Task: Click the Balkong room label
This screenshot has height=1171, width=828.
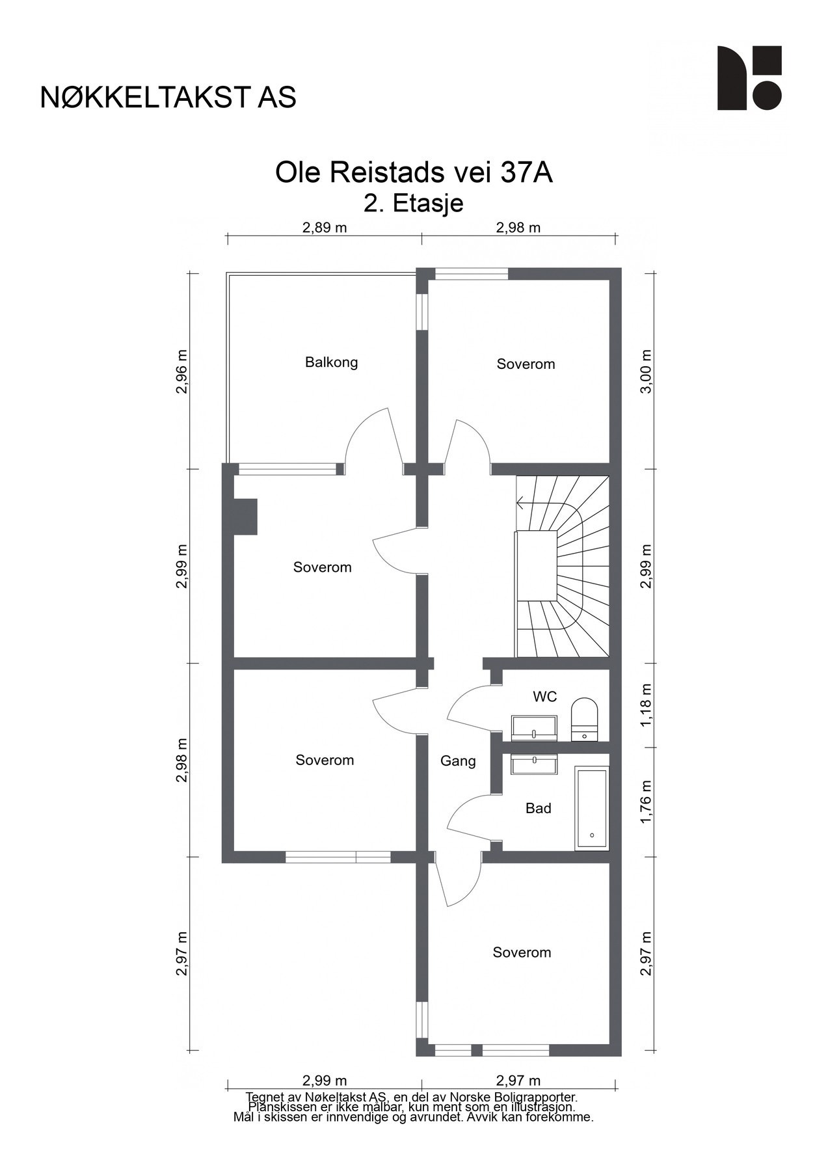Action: point(331,362)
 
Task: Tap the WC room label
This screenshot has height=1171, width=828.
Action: point(544,697)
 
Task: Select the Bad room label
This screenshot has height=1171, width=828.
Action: point(538,808)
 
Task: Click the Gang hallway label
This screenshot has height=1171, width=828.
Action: point(458,760)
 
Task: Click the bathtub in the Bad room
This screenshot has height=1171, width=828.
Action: point(591,808)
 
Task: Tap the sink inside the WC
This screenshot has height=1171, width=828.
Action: point(533,727)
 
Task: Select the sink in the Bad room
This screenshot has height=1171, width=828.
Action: point(534,764)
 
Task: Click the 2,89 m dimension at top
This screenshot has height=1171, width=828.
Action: point(324,228)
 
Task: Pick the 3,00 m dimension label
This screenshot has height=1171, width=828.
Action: point(645,371)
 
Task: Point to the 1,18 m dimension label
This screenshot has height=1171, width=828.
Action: point(645,706)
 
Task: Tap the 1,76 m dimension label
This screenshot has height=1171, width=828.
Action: point(645,801)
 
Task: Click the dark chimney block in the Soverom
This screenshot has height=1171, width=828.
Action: point(245,517)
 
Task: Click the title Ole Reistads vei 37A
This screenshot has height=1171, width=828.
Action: point(414,173)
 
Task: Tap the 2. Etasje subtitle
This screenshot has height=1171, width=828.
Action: point(414,204)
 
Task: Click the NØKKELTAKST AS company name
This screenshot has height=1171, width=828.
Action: point(168,98)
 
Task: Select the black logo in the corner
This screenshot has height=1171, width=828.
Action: point(749,78)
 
